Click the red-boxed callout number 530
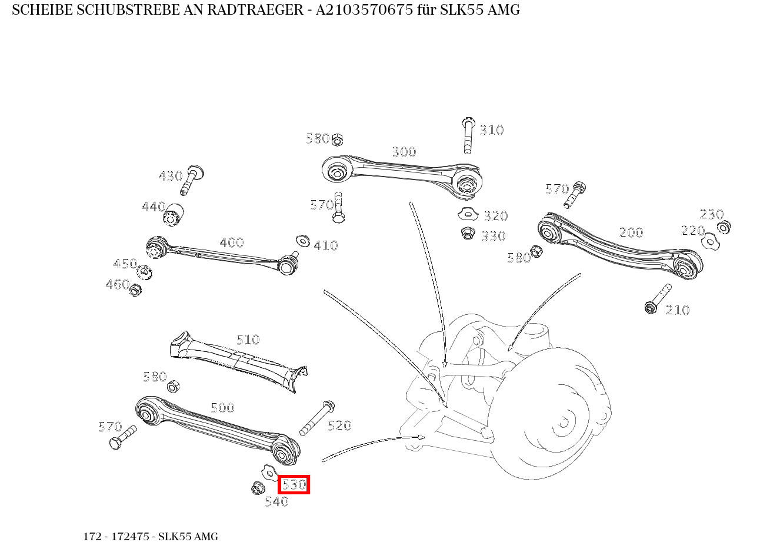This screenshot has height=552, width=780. [x=294, y=485]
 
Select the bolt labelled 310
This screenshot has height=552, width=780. [x=468, y=135]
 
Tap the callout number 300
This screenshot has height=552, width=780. [x=404, y=152]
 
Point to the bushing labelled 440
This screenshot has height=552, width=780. [x=173, y=214]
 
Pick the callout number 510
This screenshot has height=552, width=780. [x=248, y=340]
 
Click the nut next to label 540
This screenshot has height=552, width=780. [x=256, y=488]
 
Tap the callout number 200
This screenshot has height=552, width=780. [x=631, y=232]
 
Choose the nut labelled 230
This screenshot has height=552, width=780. [x=725, y=227]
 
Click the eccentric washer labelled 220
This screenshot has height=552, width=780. [x=710, y=241]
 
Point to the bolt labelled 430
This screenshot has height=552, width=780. [x=191, y=179]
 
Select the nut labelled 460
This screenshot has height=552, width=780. [x=135, y=290]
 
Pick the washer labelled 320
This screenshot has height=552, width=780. [x=468, y=213]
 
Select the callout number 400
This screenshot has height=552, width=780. [x=231, y=243]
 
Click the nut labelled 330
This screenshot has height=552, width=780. [x=468, y=234]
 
